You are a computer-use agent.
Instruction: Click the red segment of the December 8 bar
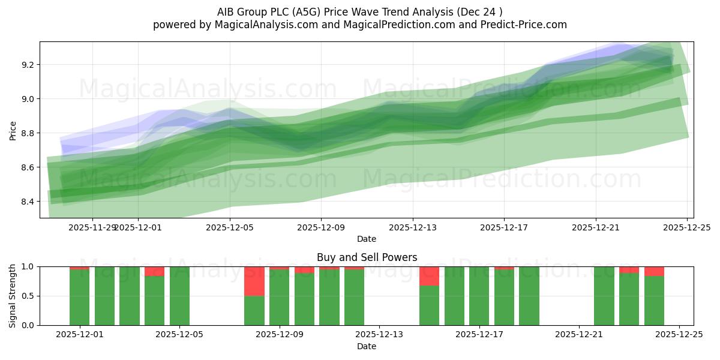254,281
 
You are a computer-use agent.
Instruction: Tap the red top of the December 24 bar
654,271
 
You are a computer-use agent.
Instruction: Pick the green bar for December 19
529,296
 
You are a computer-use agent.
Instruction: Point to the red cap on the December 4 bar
154,271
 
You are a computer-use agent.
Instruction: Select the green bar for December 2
104,296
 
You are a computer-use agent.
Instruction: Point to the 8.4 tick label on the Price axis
26,202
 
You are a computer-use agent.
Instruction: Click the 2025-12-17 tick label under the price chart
504,227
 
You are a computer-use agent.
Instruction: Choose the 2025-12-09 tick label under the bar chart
280,335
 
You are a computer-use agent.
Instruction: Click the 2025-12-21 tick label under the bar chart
579,335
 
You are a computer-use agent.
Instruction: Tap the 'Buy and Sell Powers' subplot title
367,258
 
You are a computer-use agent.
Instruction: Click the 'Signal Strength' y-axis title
13,296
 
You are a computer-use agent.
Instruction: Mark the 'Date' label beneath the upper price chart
367,239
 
